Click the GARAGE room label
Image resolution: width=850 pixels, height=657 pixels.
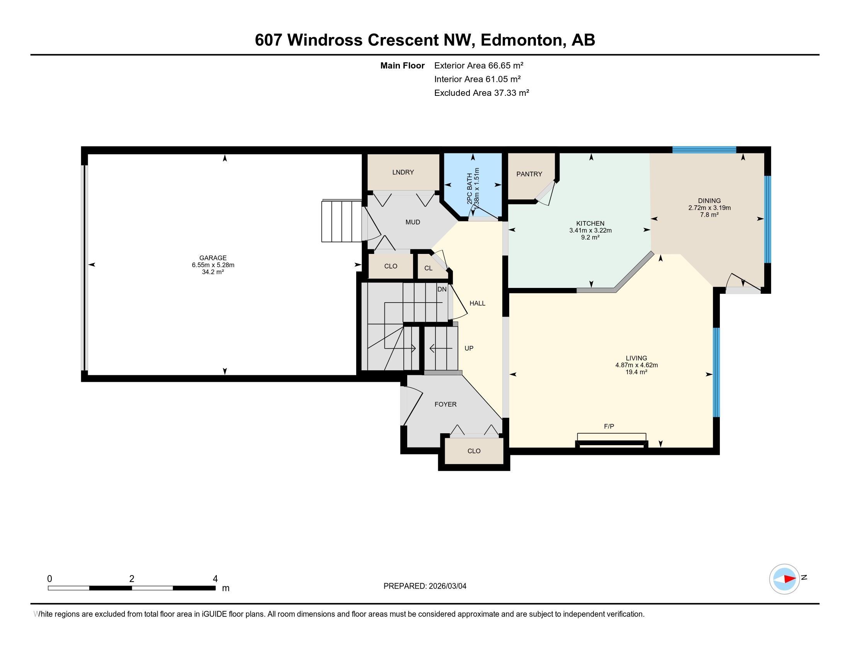212,258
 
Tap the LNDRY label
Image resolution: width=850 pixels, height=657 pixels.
403,172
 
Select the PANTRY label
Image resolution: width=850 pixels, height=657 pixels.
529,174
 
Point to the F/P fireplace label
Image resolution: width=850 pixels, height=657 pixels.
609,427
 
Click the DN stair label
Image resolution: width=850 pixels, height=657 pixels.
442,289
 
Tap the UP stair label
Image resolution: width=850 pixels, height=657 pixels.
469,348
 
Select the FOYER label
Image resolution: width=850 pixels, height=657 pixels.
445,404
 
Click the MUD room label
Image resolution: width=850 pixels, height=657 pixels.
413,222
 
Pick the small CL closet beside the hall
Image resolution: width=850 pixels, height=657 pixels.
428,268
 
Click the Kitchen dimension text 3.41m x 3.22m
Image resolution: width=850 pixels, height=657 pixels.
590,230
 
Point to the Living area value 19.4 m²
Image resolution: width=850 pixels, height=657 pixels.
636,372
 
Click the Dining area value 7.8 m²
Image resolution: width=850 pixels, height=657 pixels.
709,215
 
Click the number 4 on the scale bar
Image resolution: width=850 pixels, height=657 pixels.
215,579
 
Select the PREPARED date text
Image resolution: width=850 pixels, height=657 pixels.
425,586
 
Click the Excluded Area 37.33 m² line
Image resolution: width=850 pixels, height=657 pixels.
481,93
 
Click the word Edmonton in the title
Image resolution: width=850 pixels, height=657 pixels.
523,40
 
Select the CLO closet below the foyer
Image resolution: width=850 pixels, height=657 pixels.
474,451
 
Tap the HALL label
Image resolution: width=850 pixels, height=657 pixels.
477,303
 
